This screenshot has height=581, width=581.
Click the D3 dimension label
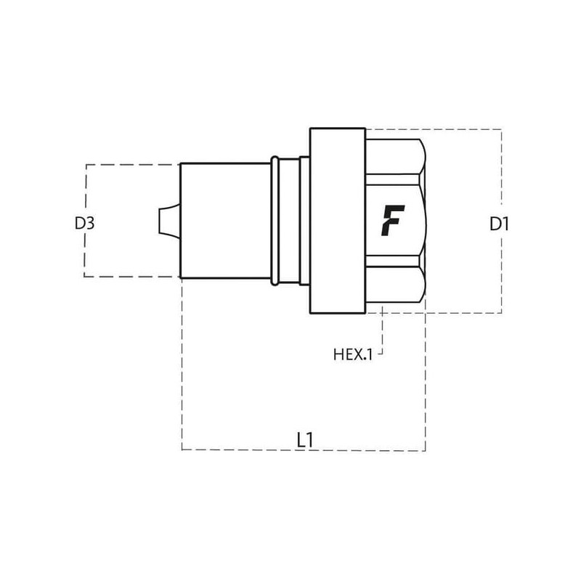84,224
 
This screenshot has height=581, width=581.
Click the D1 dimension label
499,224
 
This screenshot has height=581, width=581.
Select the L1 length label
305,440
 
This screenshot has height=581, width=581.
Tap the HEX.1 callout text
352,354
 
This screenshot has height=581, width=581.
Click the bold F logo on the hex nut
392,221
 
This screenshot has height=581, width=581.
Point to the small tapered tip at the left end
170,221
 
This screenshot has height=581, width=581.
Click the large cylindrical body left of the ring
225,221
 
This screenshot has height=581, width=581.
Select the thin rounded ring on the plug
275,221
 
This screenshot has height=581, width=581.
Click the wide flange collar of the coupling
338,221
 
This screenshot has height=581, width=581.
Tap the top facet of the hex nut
394,156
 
